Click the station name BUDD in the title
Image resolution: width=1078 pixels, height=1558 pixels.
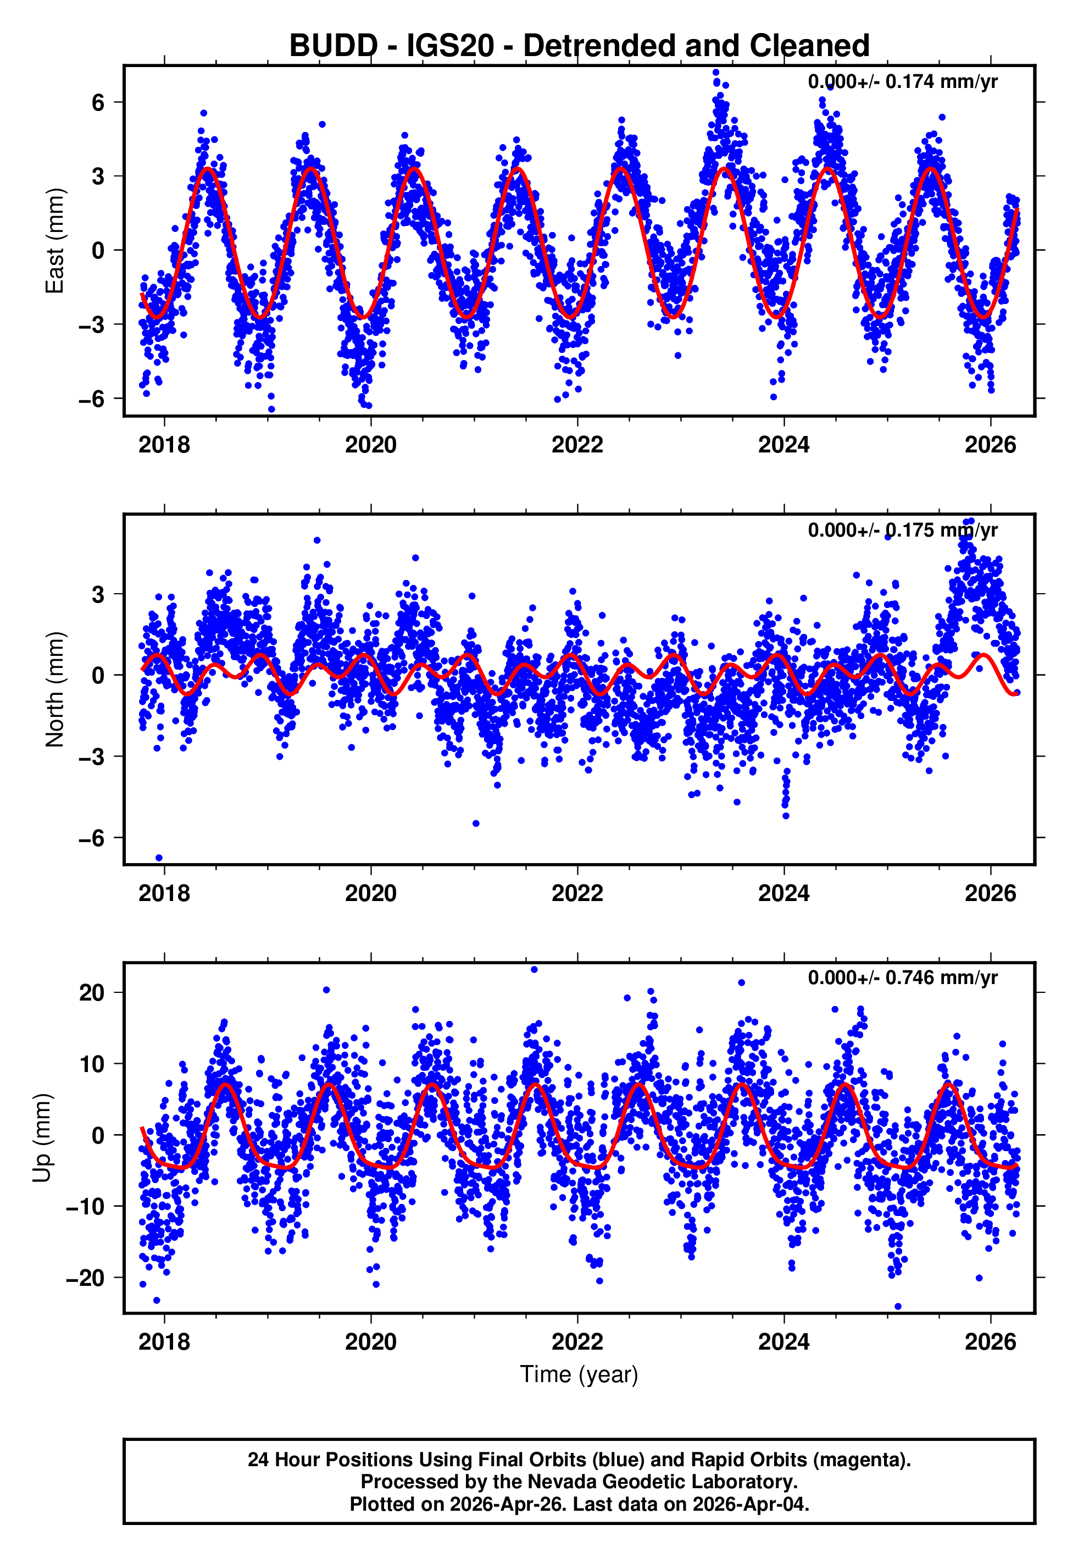coord(333,46)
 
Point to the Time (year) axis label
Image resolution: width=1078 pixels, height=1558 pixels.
coord(579,1375)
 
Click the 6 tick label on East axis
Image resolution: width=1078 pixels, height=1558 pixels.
coord(98,103)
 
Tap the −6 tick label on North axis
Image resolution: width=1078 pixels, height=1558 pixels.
coord(92,838)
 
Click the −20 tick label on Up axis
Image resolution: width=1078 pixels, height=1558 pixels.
coord(85,1278)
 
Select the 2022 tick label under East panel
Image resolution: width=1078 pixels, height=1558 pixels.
coord(577,445)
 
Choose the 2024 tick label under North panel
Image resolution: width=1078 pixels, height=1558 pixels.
coord(784,894)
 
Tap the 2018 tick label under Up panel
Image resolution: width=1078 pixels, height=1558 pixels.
coord(164,1342)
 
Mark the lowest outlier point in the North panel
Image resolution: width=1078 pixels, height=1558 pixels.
coord(159,858)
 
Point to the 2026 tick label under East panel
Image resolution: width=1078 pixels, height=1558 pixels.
coord(990,445)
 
